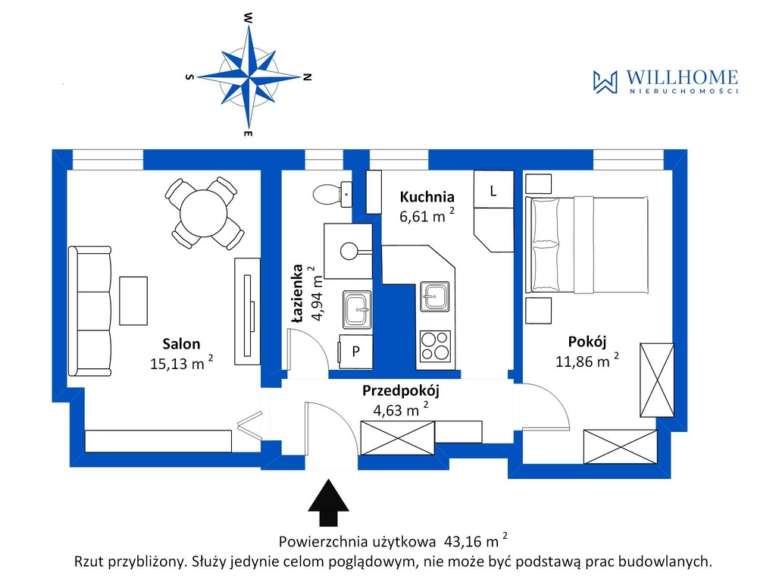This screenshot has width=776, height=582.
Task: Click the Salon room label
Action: (x=181, y=343)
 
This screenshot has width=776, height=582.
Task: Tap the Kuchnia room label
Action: (x=427, y=196)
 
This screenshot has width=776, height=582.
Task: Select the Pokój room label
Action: (x=587, y=342)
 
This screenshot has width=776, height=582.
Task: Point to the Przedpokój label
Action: (x=401, y=391)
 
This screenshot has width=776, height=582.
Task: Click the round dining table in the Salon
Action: (x=203, y=214)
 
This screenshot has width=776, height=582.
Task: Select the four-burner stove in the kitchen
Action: (x=435, y=346)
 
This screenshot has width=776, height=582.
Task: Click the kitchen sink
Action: (x=435, y=296)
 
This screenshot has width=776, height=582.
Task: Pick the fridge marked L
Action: (x=493, y=189)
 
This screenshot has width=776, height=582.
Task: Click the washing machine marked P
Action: (x=355, y=352)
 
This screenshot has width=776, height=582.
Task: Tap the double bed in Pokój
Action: (x=587, y=245)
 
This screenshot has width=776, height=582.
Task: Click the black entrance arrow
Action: (x=329, y=502)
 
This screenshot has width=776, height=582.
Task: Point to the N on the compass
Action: (x=308, y=77)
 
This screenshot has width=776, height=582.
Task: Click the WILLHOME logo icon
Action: (x=605, y=82)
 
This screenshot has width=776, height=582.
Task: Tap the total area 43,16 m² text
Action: (x=476, y=540)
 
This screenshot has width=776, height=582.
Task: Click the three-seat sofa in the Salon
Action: (x=89, y=311)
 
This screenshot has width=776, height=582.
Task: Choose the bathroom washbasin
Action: (x=357, y=310)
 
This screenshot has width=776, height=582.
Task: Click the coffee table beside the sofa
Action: (x=133, y=301)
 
